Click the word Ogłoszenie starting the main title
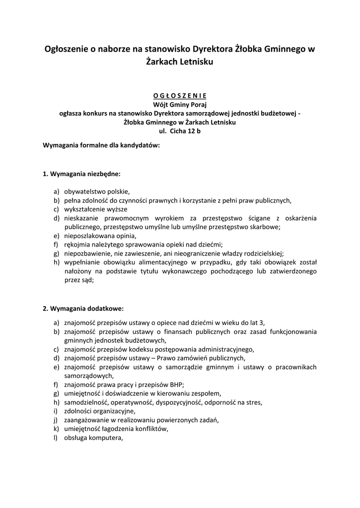[x=68, y=49]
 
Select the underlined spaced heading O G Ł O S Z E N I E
[x=179, y=96]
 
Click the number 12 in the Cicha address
[x=190, y=131]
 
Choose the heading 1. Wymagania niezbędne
[x=82, y=174]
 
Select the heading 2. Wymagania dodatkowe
[x=83, y=308]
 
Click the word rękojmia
[x=77, y=244]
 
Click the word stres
[x=253, y=402]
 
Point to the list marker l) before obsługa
[x=56, y=438]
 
